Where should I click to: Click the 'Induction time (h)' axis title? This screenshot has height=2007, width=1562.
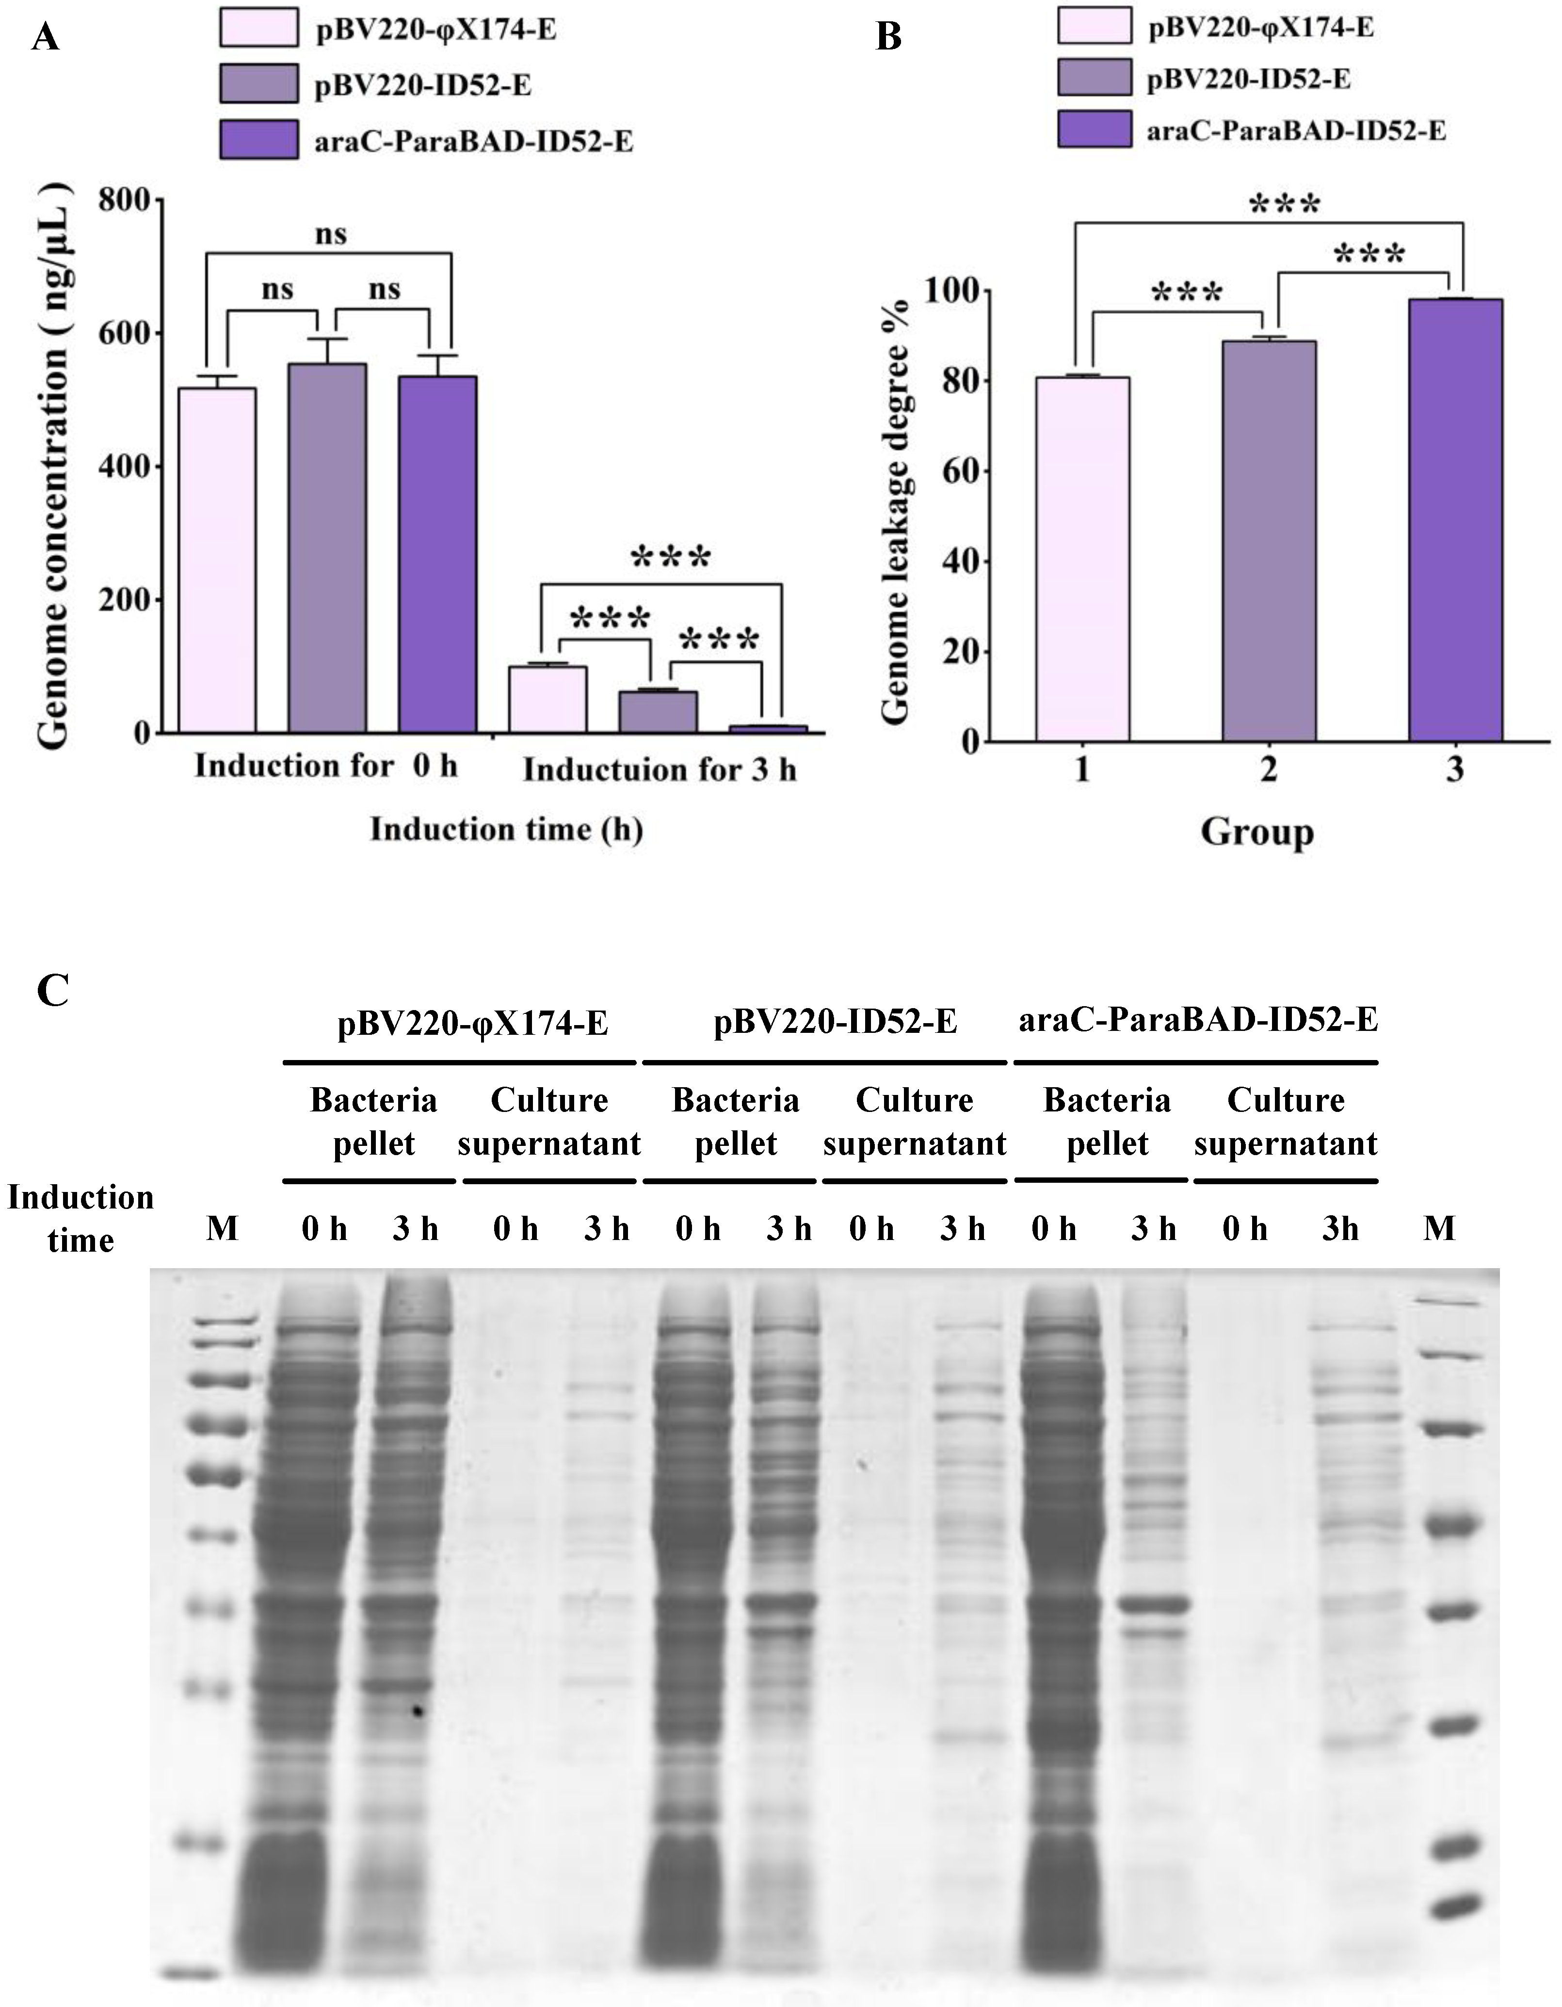506,829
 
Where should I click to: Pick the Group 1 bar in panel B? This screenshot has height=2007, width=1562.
1082,559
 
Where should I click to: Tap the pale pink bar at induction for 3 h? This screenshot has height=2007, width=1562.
548,700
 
